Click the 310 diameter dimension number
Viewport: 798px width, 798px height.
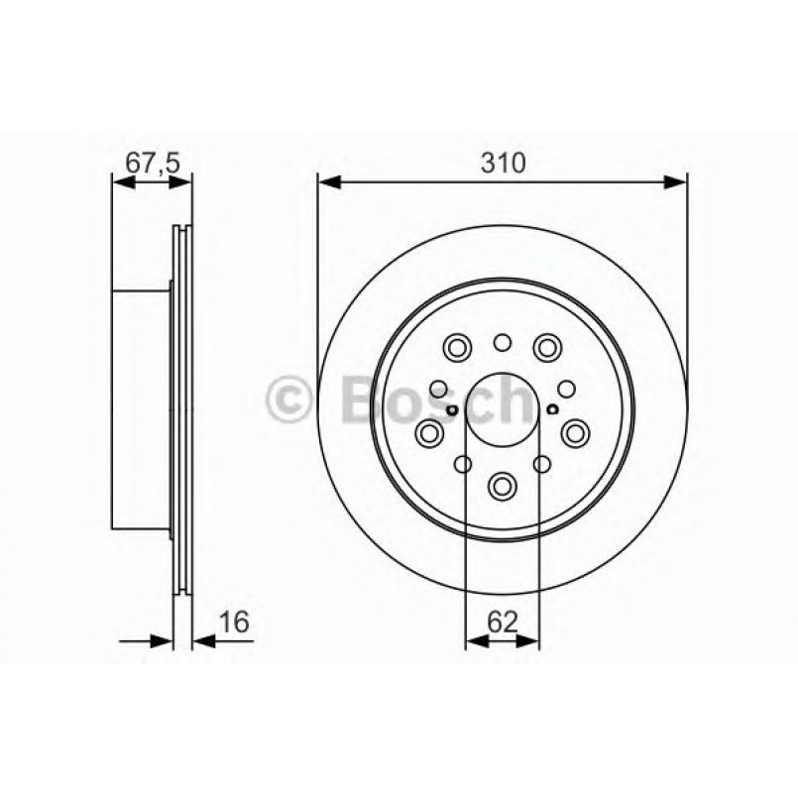[x=503, y=163]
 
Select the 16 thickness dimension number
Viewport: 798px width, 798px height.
[x=234, y=622]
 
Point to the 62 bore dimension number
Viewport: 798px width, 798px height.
[x=503, y=622]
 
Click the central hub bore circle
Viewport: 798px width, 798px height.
[x=503, y=410]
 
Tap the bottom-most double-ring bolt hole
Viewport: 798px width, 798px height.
[x=503, y=485]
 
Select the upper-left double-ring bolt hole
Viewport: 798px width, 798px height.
[x=458, y=347]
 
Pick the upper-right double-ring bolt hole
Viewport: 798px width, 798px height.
[x=546, y=347]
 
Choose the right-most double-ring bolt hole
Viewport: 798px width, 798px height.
[x=575, y=432]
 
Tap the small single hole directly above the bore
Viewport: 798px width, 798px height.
[x=503, y=343]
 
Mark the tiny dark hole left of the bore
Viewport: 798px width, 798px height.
[x=451, y=410]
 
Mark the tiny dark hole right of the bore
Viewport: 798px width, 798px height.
[x=553, y=410]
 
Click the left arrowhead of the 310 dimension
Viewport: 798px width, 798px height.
[x=327, y=181]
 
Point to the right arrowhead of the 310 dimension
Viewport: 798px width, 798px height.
[x=676, y=181]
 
